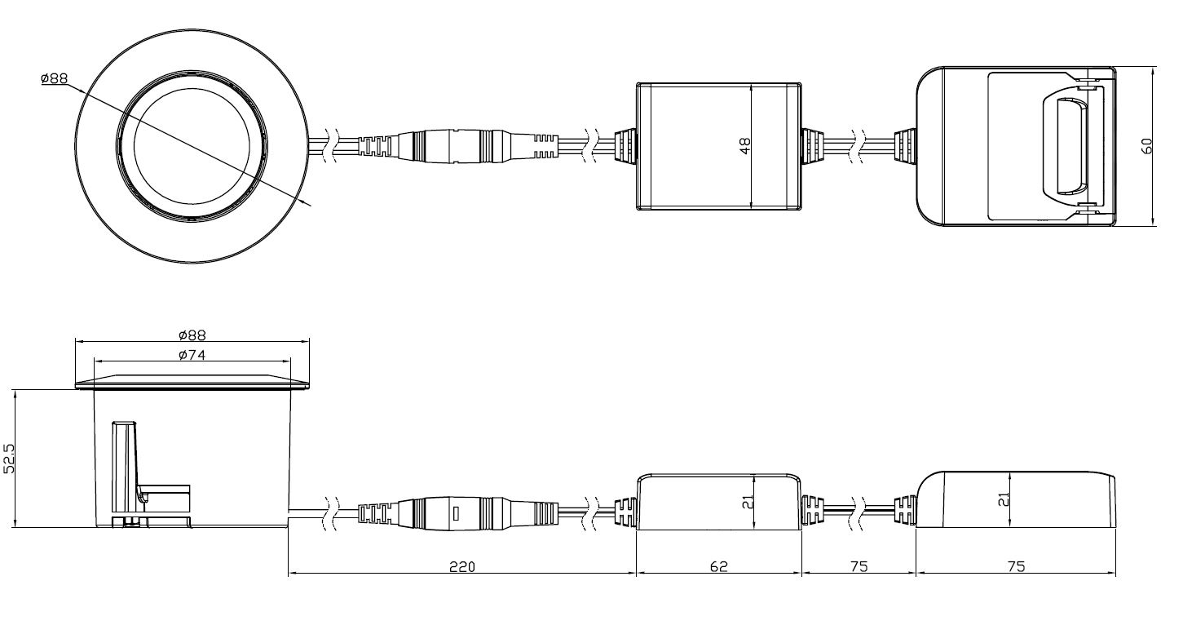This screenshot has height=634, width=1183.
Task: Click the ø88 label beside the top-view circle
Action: click(55, 78)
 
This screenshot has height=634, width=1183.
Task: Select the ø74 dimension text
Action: click(192, 355)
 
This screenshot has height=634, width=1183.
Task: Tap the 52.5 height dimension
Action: click(9, 459)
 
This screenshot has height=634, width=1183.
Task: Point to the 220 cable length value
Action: click(462, 567)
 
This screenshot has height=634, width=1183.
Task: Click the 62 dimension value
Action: click(719, 567)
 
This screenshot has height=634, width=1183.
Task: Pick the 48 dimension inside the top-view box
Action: click(744, 146)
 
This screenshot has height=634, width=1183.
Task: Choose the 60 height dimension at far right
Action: click(1146, 146)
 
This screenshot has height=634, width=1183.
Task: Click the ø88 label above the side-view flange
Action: click(192, 335)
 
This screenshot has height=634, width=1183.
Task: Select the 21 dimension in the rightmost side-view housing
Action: click(1004, 499)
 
